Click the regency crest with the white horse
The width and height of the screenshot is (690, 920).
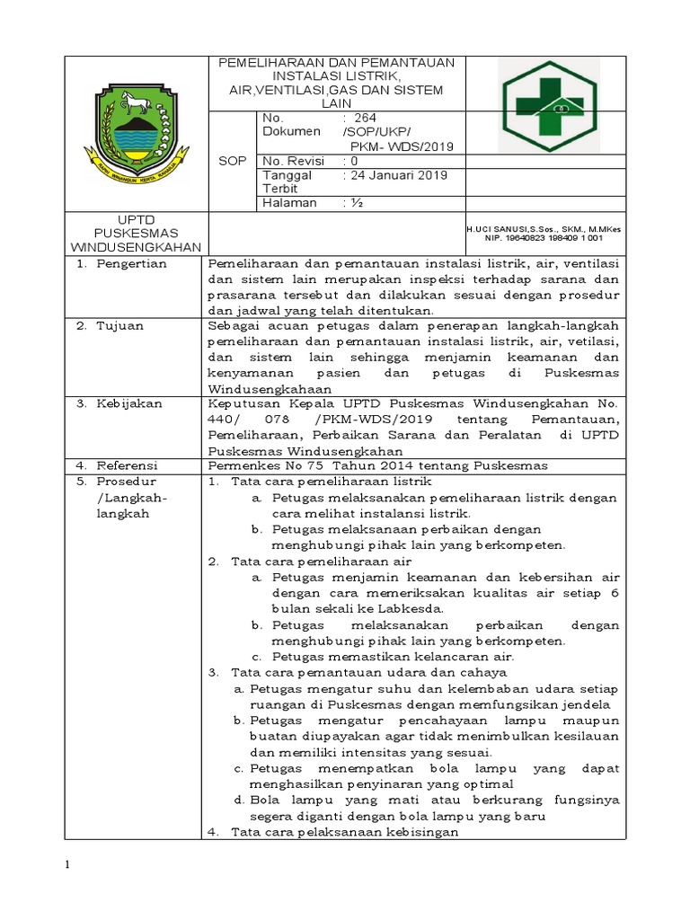[137, 128]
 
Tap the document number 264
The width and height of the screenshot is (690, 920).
[365, 118]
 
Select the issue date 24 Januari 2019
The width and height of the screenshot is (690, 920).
[394, 175]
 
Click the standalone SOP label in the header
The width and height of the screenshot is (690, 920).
[232, 160]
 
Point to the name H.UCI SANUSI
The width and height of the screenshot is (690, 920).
[500, 230]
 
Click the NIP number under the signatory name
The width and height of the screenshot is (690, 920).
[544, 239]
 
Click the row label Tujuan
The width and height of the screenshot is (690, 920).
[119, 326]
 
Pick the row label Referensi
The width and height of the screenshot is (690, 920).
[128, 465]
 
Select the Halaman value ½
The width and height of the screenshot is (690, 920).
[351, 203]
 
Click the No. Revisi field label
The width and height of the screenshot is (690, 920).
[294, 161]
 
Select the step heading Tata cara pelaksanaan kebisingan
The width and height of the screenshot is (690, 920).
[345, 832]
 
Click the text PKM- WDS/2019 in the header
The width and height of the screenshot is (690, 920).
[402, 146]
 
